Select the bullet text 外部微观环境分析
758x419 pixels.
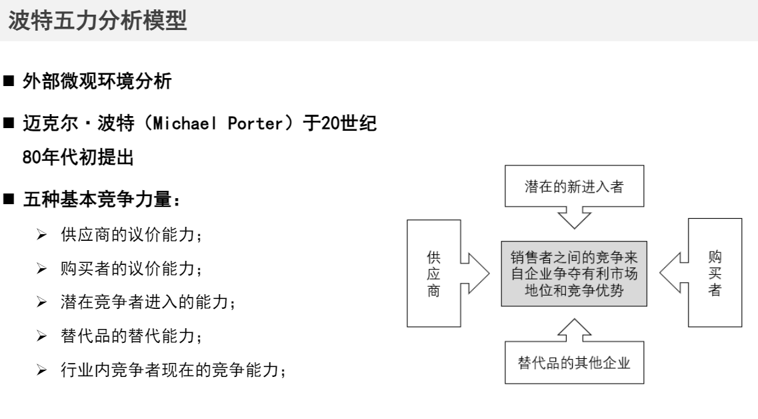[x=106, y=83]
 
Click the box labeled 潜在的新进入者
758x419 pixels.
[x=574, y=185]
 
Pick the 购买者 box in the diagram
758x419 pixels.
[x=715, y=273]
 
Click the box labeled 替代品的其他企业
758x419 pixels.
[x=574, y=364]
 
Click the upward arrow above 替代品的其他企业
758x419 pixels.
[x=574, y=330]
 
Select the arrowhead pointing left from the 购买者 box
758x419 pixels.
[x=672, y=273]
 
